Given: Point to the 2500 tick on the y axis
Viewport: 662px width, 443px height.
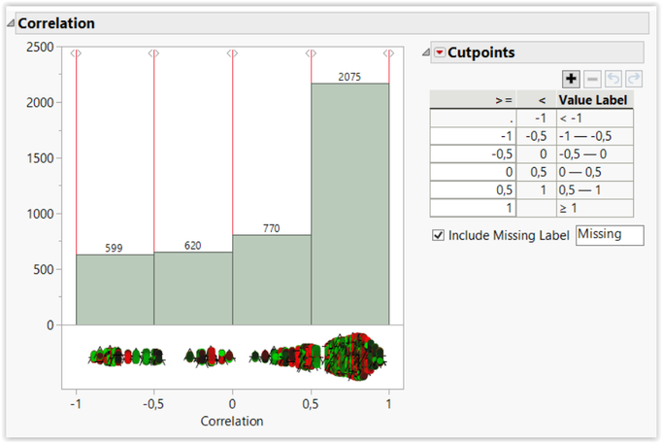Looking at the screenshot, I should pos(40,47).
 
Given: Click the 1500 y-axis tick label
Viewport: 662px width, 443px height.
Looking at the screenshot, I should pos(40,158).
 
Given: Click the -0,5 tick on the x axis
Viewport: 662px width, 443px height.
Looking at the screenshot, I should pos(153,403).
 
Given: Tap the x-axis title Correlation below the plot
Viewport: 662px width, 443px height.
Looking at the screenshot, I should pos(232,422).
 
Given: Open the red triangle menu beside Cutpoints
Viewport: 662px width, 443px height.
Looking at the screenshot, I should pos(440,52).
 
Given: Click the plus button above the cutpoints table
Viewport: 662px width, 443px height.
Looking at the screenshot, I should pos(571,79).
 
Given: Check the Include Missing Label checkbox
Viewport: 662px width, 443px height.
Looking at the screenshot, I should pos(438,235).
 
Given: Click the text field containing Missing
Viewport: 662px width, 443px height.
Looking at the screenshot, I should pos(609,235).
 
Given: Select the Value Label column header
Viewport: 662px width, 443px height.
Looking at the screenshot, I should pos(593,99).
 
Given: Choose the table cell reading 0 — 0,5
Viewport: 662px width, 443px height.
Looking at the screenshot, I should pos(594,172).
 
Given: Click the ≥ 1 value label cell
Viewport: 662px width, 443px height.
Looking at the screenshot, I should pos(594,208).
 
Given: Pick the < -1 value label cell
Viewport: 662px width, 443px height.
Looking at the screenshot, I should pos(594,118).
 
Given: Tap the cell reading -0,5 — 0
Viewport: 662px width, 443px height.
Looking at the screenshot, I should pos(594,153).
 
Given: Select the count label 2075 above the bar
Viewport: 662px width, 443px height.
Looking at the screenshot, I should pos(349,76).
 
